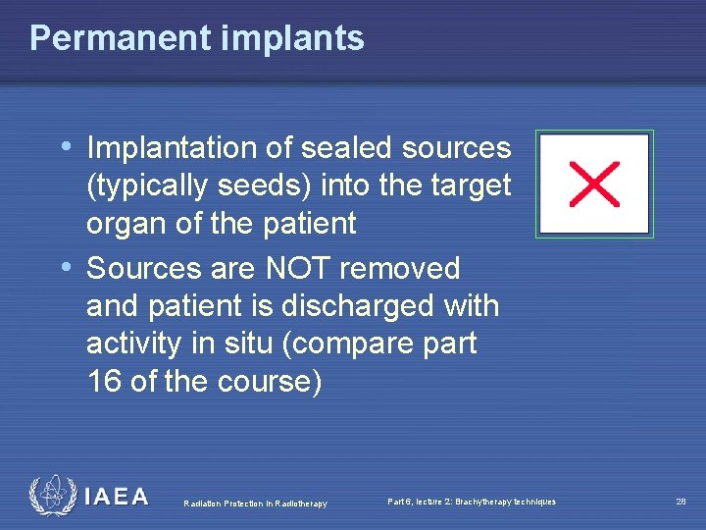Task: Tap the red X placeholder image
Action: click(594, 185)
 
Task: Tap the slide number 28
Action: click(680, 502)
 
